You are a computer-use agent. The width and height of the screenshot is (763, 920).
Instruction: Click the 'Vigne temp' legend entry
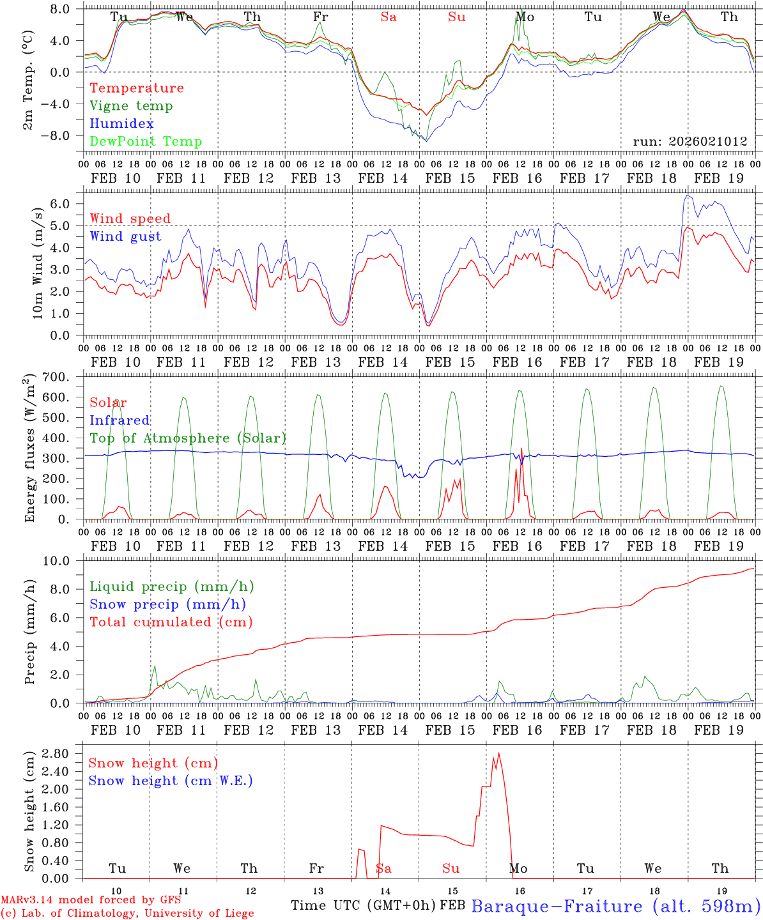tap(131, 106)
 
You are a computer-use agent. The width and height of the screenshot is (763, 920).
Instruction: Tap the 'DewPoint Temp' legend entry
tap(146, 142)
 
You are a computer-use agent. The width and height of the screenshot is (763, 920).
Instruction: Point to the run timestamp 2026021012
tap(690, 142)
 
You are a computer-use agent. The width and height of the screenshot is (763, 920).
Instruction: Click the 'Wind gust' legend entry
tap(125, 236)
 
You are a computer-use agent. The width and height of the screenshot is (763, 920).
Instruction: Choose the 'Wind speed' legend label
tap(130, 218)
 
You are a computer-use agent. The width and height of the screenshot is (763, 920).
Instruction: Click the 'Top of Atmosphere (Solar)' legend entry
tap(188, 438)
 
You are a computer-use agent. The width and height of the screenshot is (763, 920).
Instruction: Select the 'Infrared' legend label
tap(119, 420)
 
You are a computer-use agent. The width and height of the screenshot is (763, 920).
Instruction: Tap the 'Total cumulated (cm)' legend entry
tap(171, 622)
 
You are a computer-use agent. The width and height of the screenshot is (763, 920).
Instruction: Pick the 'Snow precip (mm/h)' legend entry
tap(168, 604)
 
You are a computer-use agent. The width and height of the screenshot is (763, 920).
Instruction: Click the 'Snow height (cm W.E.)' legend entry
tap(171, 781)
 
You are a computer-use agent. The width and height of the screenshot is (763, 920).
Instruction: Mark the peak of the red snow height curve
tap(498, 753)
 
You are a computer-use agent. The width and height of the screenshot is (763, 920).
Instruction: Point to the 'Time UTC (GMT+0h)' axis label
tap(364, 905)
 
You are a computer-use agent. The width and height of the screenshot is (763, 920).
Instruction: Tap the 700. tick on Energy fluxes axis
tap(56, 377)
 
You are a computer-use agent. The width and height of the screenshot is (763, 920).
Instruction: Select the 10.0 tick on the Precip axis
tap(58, 561)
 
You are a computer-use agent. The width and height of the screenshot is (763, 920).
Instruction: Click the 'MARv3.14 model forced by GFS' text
tap(91, 900)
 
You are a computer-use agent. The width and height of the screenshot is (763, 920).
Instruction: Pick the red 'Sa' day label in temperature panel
tap(389, 17)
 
